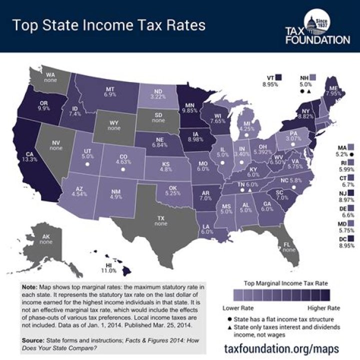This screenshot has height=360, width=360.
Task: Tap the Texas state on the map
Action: tap(160, 220)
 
